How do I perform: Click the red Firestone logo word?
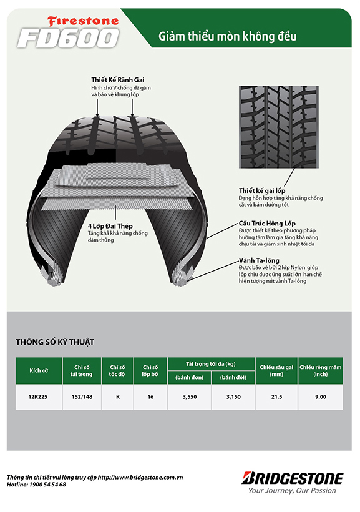click(x=83, y=22)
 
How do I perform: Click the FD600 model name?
click(x=68, y=38)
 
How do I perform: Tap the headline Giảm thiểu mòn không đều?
click(x=228, y=36)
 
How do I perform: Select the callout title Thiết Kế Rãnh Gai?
click(x=118, y=80)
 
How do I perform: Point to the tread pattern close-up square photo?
click(x=279, y=127)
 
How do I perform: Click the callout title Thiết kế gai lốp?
click(x=262, y=190)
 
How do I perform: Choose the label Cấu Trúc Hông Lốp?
click(x=267, y=224)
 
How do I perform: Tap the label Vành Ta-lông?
click(x=259, y=260)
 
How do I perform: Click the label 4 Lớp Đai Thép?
click(x=110, y=226)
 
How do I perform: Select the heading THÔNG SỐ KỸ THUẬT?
click(x=55, y=342)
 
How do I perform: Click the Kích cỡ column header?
click(x=39, y=371)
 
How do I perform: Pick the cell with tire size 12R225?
click(x=38, y=397)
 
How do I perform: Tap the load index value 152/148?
click(x=82, y=397)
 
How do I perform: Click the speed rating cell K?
click(x=118, y=397)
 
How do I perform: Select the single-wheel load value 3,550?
click(x=190, y=397)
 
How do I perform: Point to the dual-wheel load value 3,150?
click(x=233, y=397)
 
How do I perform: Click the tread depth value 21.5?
click(x=276, y=397)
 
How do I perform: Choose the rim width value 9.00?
click(x=321, y=397)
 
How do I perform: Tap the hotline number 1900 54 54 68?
click(x=47, y=485)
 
